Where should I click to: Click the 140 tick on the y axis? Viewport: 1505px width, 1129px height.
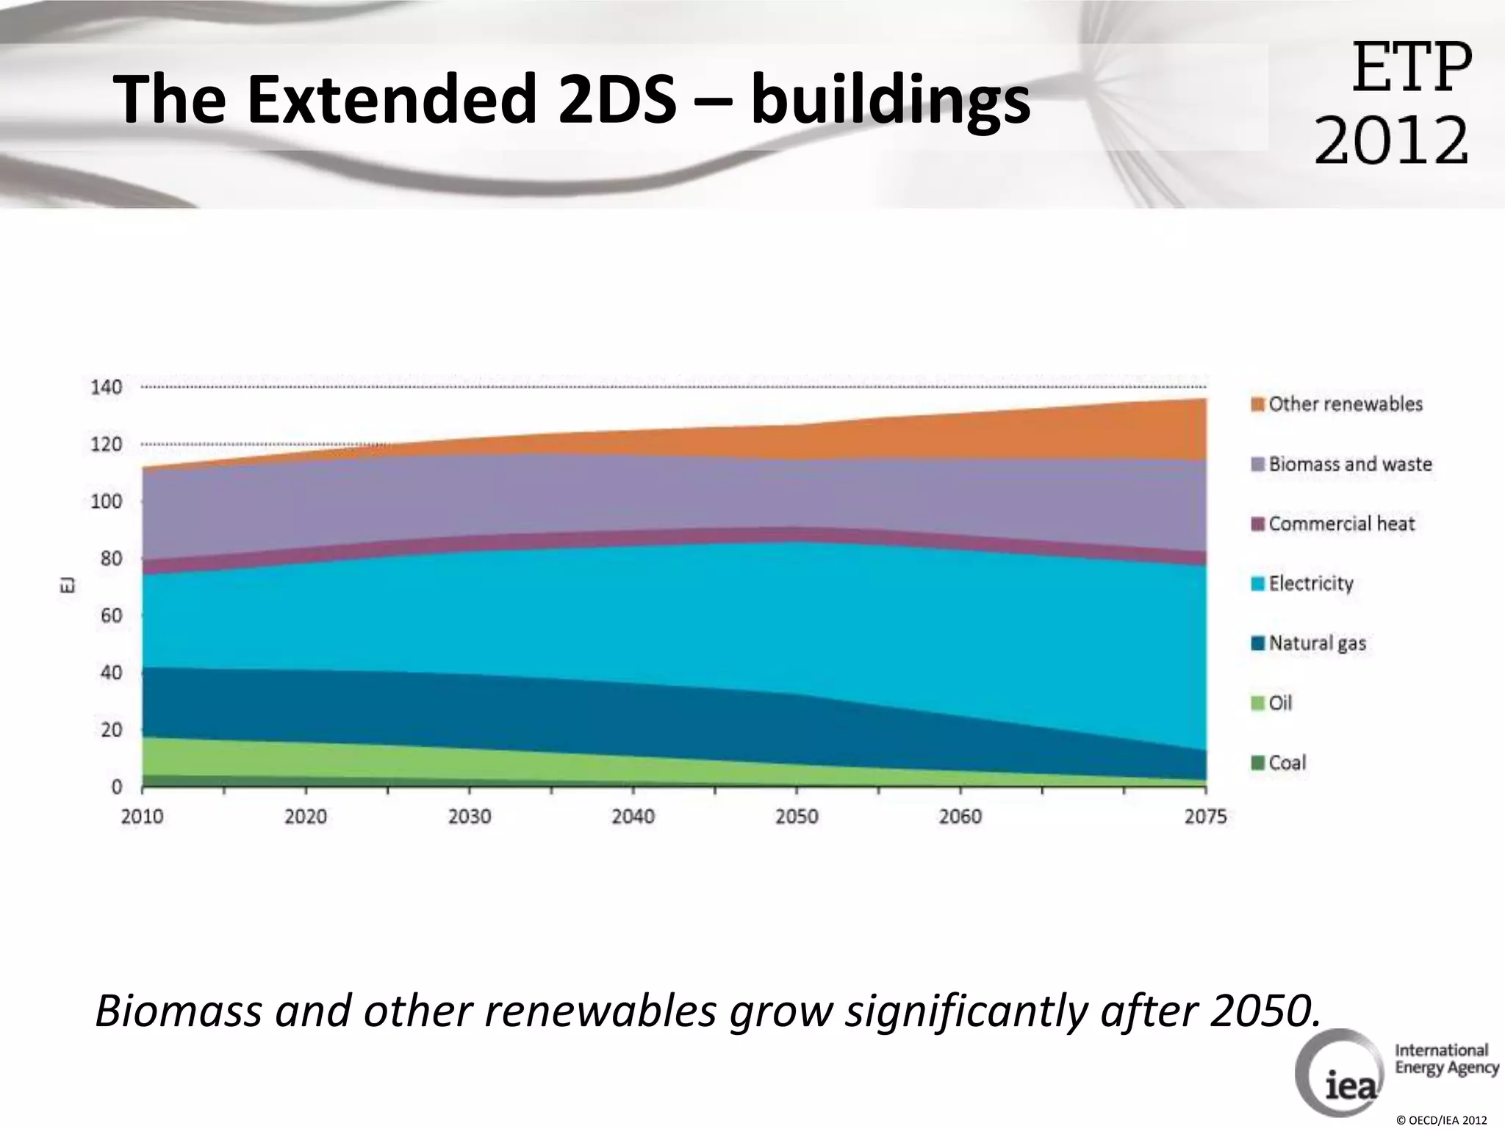(107, 387)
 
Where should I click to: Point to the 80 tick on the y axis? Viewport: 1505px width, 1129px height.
(111, 559)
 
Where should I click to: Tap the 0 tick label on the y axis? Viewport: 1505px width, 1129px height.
(117, 787)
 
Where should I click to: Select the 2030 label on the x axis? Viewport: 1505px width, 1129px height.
(470, 817)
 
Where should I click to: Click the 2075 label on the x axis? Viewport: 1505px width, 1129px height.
(1205, 817)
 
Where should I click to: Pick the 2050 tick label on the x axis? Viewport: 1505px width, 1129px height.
(797, 817)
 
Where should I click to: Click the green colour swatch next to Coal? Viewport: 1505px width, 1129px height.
(1258, 763)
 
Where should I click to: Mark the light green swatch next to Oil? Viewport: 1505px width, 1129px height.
(1258, 703)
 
